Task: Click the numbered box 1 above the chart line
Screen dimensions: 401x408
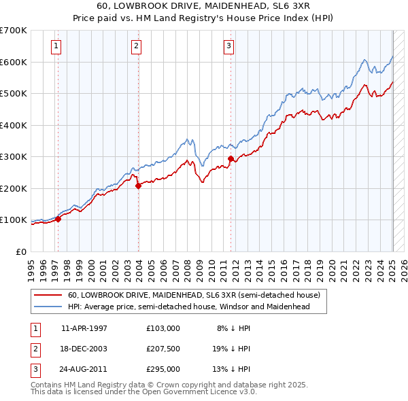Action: point(55,46)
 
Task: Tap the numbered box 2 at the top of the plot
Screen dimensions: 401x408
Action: point(136,46)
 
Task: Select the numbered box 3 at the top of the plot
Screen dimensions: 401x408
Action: point(228,46)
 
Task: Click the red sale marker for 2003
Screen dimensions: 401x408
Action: point(138,185)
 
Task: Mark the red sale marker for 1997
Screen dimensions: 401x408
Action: point(58,219)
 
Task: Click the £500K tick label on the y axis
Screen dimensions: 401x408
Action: point(14,94)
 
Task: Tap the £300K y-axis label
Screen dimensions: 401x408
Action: point(14,157)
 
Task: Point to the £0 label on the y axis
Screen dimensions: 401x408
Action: point(20,251)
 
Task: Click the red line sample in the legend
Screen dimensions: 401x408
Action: point(48,296)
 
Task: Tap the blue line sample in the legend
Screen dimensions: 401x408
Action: point(48,307)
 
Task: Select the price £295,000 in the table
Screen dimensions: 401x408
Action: point(163,369)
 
